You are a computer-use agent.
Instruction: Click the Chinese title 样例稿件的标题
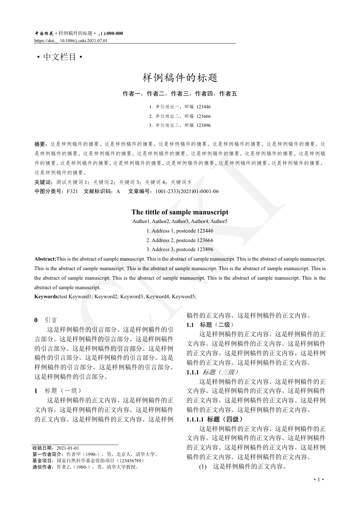pyautogui.click(x=180, y=78)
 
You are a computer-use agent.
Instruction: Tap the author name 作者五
pyautogui.click(x=228, y=94)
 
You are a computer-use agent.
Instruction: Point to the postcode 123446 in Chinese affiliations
pyautogui.click(x=204, y=107)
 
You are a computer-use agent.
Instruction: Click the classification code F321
pyautogui.click(x=73, y=191)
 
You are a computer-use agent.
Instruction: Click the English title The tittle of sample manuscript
pyautogui.click(x=180, y=212)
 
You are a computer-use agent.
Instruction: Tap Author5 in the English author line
pyautogui.click(x=219, y=221)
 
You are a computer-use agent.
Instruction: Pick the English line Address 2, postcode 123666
pyautogui.click(x=180, y=240)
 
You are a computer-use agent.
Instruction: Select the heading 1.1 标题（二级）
pyautogui.click(x=210, y=325)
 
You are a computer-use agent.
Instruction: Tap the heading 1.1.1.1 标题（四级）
pyautogui.click(x=215, y=419)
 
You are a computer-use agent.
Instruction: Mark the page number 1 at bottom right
pyautogui.click(x=319, y=480)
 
